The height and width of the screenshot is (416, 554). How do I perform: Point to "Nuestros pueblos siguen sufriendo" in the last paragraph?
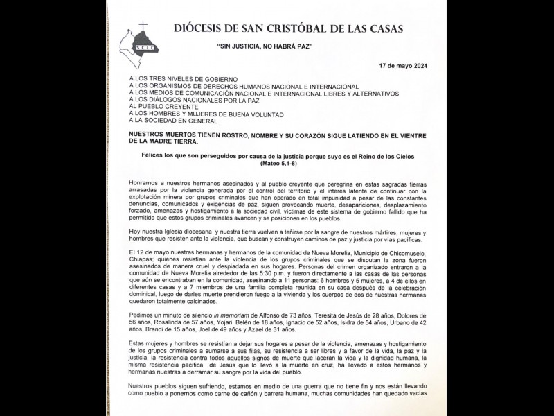tap(181, 386)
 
